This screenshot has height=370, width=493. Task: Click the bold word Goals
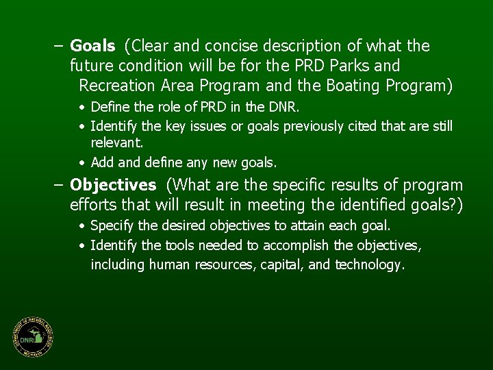pos(92,47)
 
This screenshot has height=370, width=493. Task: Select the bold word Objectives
pos(113,186)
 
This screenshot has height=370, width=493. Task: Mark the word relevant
pos(116,142)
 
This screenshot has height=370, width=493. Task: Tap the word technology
pos(369,265)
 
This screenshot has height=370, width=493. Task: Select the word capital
pos(281,265)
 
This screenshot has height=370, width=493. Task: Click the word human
pos(169,265)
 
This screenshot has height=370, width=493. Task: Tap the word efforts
pos(93,206)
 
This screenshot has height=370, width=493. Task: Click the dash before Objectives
pos(59,186)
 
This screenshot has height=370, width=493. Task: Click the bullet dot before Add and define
pos(81,163)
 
